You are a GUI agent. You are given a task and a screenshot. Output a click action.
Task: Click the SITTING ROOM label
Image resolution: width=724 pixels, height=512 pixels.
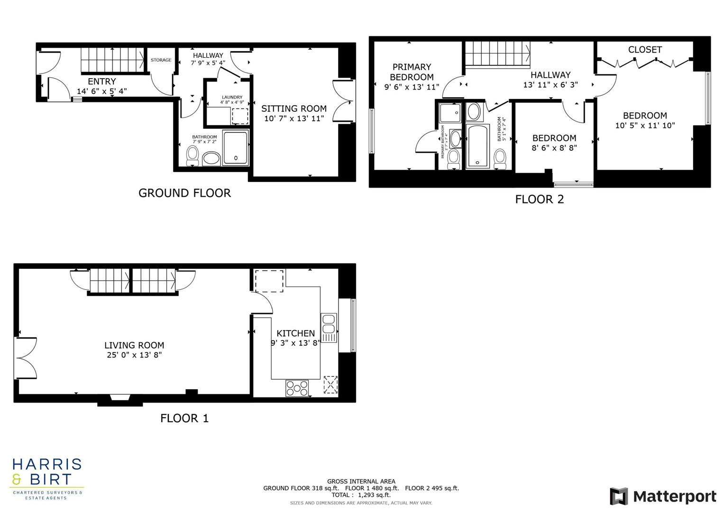tap(293, 109)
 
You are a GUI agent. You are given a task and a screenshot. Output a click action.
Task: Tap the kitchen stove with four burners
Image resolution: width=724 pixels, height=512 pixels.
tap(297, 388)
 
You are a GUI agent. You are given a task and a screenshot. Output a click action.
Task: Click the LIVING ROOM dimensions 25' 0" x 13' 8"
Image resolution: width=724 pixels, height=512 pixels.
tap(134, 355)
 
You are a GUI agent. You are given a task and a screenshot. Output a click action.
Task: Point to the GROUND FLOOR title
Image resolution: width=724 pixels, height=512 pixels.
tap(184, 193)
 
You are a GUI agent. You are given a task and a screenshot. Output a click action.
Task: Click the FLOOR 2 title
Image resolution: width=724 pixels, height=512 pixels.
tap(540, 199)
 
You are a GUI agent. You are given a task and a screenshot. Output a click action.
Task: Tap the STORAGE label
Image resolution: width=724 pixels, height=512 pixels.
tap(161, 60)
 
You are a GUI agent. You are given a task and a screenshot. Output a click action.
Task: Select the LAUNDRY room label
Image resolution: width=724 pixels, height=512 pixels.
tap(232, 97)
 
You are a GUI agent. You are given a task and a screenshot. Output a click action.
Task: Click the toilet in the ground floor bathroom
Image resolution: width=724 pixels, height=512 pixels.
tap(192, 155)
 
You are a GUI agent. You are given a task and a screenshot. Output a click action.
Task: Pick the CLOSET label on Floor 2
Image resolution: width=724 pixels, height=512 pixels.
tap(645, 50)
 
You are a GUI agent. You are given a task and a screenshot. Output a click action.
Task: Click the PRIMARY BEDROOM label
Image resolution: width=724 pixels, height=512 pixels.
tap(412, 72)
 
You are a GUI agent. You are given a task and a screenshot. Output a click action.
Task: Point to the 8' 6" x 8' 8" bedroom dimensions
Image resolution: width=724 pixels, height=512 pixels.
tap(554, 148)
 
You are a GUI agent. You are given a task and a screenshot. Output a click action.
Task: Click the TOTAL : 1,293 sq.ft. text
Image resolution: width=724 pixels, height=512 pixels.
tap(361, 495)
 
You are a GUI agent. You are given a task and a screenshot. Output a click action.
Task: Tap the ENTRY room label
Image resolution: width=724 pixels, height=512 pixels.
tap(101, 82)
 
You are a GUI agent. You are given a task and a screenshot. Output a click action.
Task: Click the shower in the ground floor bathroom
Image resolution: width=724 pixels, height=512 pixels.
tap(236, 148)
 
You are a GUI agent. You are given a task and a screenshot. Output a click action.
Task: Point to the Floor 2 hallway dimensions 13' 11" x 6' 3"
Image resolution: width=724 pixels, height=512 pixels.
tap(550, 85)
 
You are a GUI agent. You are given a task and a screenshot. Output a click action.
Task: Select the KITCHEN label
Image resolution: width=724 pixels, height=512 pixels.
tap(295, 333)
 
